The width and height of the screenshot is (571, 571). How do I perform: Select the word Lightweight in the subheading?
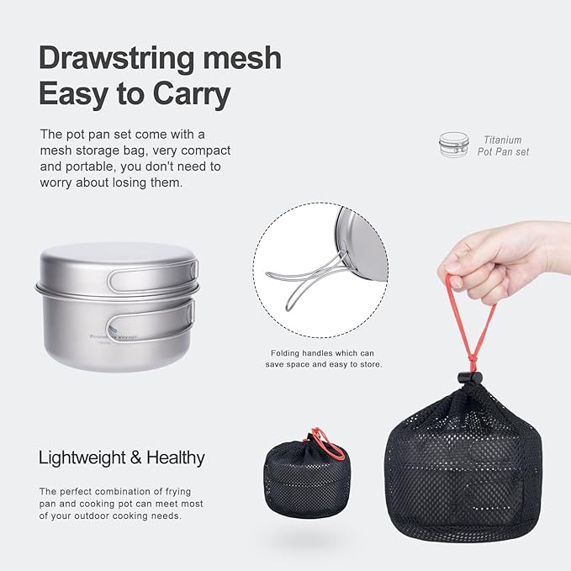click(x=81, y=458)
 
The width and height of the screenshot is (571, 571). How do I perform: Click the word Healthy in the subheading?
click(x=176, y=458)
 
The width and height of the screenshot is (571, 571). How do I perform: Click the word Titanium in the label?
click(x=503, y=140)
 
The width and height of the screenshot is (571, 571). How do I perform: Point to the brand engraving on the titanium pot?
click(x=113, y=335)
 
